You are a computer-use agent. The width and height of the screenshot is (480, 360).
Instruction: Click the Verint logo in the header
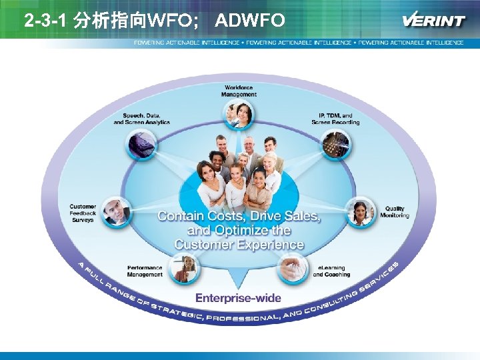433,20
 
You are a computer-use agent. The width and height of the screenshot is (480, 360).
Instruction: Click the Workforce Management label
239,91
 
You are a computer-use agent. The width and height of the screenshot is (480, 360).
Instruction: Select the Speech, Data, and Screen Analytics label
141,119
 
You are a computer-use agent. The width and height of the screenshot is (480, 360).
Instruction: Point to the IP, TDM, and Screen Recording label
335,119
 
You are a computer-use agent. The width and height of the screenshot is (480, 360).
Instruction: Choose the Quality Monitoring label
394,212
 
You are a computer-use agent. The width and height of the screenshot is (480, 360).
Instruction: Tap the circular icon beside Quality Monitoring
362,212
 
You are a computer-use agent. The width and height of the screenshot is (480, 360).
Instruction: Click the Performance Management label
145,271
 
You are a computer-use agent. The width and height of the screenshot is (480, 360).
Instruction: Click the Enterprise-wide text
238,298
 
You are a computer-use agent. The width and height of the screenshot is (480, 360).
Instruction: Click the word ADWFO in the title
250,21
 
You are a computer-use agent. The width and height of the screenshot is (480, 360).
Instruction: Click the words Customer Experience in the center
239,245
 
